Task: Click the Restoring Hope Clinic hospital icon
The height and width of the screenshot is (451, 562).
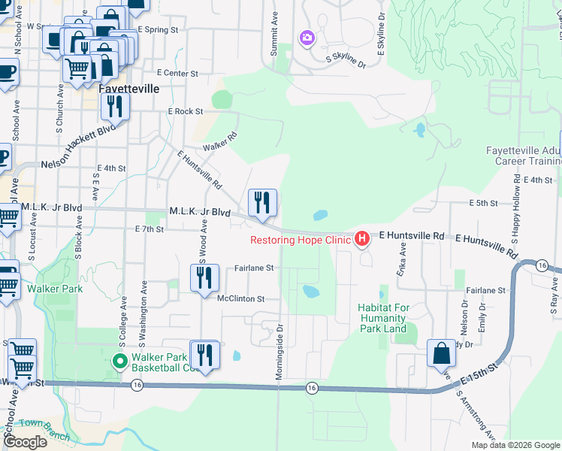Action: (362, 239)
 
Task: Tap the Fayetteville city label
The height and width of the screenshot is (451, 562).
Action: (129, 88)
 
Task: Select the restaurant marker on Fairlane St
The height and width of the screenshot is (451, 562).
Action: (204, 279)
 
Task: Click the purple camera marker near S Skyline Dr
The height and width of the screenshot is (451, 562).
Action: (307, 37)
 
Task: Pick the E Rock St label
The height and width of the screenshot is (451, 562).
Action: (186, 111)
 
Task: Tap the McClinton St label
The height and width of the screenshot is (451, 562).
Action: (240, 298)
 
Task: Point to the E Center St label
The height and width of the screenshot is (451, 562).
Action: (177, 74)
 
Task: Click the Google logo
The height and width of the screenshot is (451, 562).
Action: (26, 442)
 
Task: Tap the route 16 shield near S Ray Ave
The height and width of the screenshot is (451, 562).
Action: (541, 265)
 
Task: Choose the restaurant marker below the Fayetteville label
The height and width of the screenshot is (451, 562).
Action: (115, 107)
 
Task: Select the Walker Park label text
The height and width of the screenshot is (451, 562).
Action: (48, 287)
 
